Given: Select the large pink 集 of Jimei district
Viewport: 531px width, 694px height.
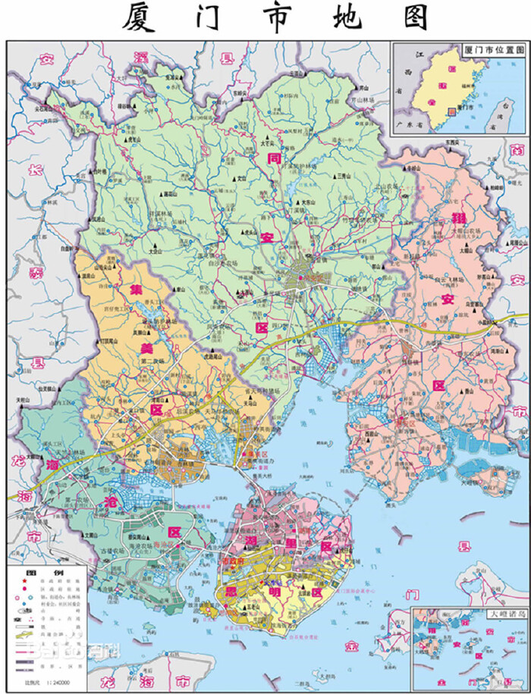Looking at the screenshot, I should point(136,289).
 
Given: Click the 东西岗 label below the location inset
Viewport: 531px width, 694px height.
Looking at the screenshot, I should point(453,142).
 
